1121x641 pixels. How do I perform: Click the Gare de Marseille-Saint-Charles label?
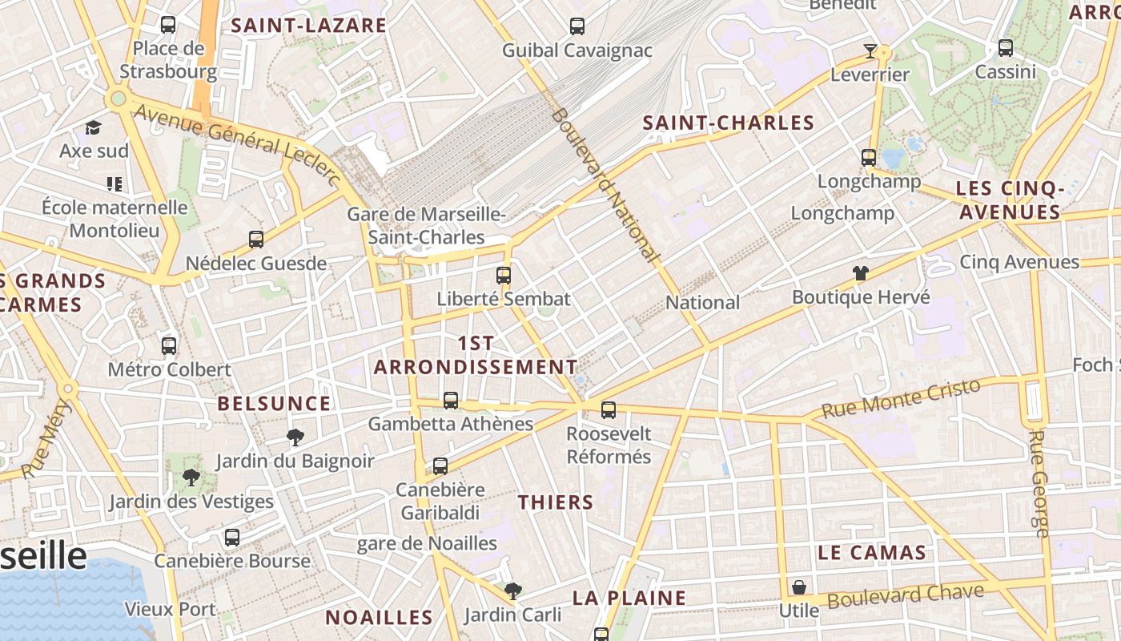pos(425,226)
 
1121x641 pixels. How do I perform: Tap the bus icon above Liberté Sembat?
pos(503,276)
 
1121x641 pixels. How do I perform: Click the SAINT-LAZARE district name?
pos(309,25)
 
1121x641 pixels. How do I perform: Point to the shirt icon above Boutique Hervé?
pos(861,273)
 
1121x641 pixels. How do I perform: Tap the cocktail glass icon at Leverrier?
pos(870,52)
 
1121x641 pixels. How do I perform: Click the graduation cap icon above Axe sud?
pos(94,128)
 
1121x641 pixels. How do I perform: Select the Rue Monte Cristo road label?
pos(901,399)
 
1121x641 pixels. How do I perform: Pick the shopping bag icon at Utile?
pos(798,588)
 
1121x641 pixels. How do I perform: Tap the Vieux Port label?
pos(170,609)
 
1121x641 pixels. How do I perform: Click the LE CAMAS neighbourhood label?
pos(872,552)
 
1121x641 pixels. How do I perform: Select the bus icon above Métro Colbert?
pos(169,346)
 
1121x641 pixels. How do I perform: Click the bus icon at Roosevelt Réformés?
pos(609,410)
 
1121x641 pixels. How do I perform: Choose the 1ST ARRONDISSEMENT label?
pos(476,355)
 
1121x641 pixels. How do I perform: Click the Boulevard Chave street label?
pos(905,596)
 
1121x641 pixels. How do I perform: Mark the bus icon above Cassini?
pos(1006,48)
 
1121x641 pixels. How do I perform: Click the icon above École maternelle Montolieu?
pos(115,184)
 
